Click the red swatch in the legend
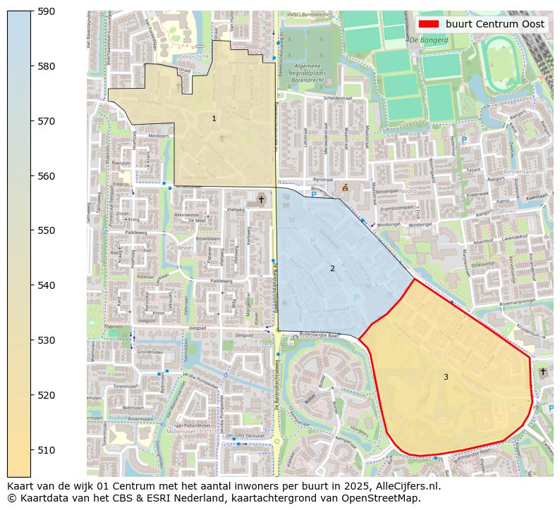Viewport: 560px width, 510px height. [428, 24]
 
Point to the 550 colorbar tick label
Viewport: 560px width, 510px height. [47, 230]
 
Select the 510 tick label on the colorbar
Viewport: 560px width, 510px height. [47, 449]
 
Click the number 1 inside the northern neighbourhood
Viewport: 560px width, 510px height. [214, 118]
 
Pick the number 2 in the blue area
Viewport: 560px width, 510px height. [333, 268]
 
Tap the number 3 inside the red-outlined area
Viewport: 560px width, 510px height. [446, 377]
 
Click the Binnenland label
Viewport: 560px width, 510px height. [520, 171]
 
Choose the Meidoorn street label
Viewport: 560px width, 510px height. [159, 136]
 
